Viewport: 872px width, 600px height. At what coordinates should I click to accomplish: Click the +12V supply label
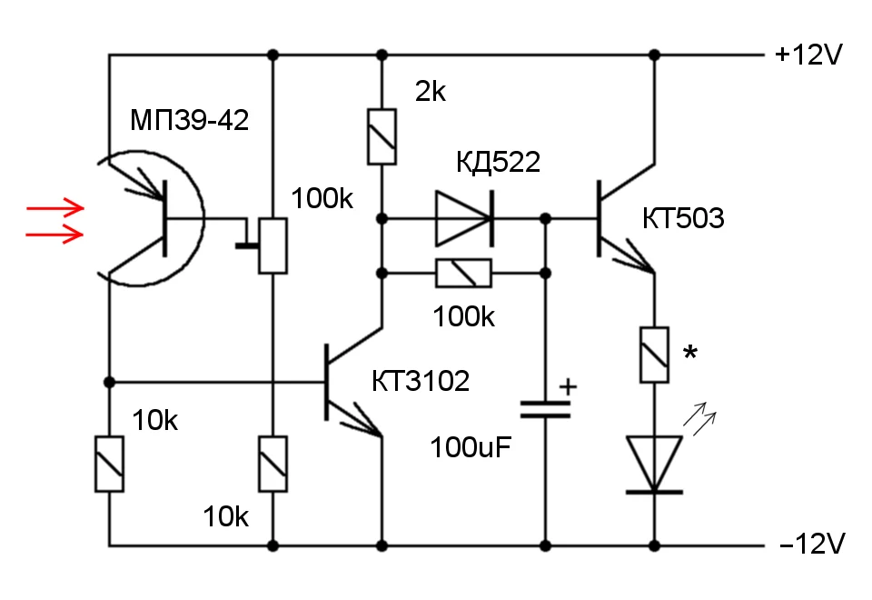click(x=809, y=55)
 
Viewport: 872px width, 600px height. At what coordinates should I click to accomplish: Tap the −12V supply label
click(x=811, y=545)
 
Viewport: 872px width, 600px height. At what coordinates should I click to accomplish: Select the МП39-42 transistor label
click(x=190, y=121)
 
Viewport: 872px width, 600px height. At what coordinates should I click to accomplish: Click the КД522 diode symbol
click(x=464, y=218)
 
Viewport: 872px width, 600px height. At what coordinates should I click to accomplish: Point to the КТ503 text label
click(x=683, y=219)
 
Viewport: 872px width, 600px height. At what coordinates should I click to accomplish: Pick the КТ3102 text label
click(x=420, y=381)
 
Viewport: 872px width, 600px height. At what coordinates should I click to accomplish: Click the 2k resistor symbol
click(x=381, y=136)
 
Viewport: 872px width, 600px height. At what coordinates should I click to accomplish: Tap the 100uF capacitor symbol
click(x=545, y=408)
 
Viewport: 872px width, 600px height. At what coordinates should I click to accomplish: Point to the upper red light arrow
click(x=54, y=208)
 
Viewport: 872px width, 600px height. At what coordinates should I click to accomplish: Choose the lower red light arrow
click(x=54, y=235)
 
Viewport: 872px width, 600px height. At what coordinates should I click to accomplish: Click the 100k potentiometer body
click(x=272, y=245)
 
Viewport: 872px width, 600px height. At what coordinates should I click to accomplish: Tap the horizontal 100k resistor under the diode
click(x=463, y=273)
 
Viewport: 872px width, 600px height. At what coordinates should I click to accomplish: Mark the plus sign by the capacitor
click(x=568, y=385)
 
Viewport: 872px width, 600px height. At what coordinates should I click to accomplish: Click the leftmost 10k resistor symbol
click(x=109, y=464)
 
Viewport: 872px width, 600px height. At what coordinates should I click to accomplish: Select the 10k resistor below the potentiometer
click(x=272, y=464)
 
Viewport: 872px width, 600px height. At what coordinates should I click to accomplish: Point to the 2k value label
click(x=431, y=92)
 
